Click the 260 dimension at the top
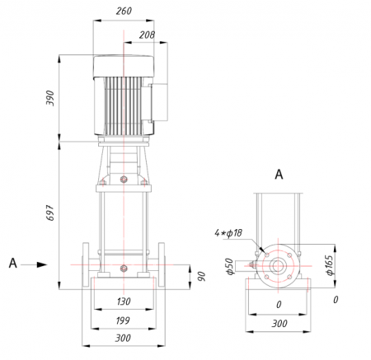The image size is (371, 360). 124,11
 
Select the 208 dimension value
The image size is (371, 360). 147,35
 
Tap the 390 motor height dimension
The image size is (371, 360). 50,98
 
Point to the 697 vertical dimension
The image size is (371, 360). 50,213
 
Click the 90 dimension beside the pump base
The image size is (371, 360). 202,276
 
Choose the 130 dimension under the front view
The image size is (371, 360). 124,302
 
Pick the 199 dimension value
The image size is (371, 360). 123,320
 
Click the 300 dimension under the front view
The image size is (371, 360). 123,338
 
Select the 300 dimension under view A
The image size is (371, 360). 279,324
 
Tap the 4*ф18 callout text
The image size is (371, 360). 228,233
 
